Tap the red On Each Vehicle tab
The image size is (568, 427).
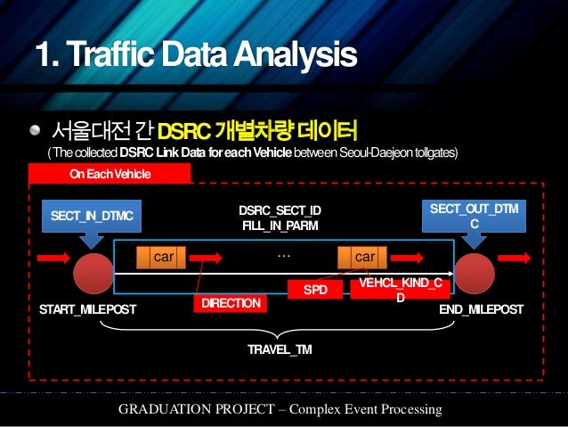(x=110, y=174)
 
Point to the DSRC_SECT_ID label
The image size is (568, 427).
(x=280, y=210)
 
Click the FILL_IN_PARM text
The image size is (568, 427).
(x=280, y=226)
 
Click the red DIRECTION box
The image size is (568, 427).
(x=231, y=304)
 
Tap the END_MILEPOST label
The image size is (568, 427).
(x=482, y=309)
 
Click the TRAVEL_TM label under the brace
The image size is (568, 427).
(x=280, y=349)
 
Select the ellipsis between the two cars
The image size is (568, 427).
(x=284, y=254)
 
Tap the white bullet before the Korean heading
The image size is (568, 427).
(x=34, y=130)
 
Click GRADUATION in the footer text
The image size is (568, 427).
(x=168, y=409)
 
